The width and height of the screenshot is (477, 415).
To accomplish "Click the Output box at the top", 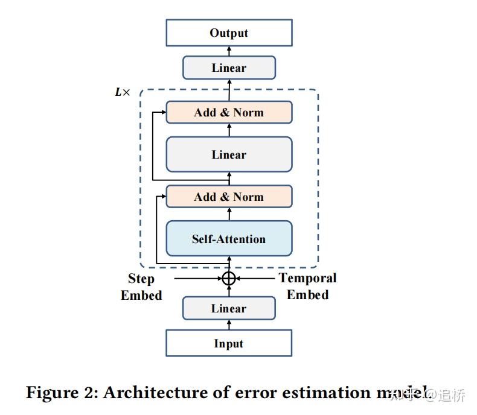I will coord(229,33).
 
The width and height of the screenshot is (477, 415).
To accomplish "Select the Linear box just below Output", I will coord(229,68).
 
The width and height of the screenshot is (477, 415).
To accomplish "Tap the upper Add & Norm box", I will coord(229,112).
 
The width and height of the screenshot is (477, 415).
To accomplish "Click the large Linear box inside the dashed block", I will coord(229,154).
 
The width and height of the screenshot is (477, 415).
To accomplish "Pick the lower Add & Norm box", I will coord(229,197).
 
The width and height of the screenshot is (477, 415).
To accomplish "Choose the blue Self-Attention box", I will coord(229,239).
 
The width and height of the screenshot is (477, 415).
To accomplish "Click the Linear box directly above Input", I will coord(229,308).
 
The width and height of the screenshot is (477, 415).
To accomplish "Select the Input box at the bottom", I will coord(229,343).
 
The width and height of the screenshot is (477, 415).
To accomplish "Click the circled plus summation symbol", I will coord(228,278).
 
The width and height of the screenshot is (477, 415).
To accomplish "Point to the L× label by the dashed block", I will coord(122,92).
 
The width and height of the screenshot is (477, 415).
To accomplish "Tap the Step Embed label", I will coord(141,287).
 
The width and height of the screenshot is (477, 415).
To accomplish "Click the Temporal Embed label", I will coord(307,286).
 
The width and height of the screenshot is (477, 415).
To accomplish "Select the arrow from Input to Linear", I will coord(229,325).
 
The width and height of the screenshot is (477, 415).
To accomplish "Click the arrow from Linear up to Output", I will coord(229,51).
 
